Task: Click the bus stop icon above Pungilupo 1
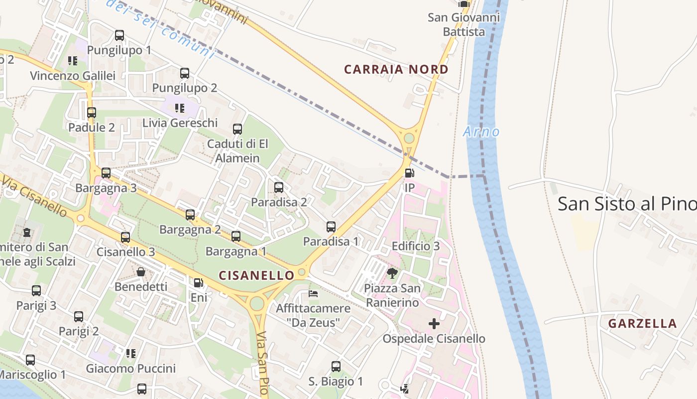pos(119,35)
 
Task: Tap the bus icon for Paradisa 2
pos(279,188)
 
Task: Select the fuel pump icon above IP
pos(409,173)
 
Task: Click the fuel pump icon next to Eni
pos(198,283)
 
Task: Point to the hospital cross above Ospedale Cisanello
pos(434,324)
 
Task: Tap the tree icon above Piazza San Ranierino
pos(392,273)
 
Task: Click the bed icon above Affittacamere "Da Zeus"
pos(313,293)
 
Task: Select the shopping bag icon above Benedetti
pos(141,272)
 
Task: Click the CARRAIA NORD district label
pos(396,69)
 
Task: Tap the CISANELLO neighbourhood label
pos(257,275)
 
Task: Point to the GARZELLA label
pos(642,323)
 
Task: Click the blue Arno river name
pos(481,132)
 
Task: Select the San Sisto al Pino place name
pos(627,203)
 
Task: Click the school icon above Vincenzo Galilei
pos(73,61)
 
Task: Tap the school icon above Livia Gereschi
pos(180,108)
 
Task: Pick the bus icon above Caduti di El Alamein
pos(237,129)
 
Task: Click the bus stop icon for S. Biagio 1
pos(336,367)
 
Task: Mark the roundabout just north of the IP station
pos(409,138)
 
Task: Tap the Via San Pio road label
pos(263,364)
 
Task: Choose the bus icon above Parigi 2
pos(79,316)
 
